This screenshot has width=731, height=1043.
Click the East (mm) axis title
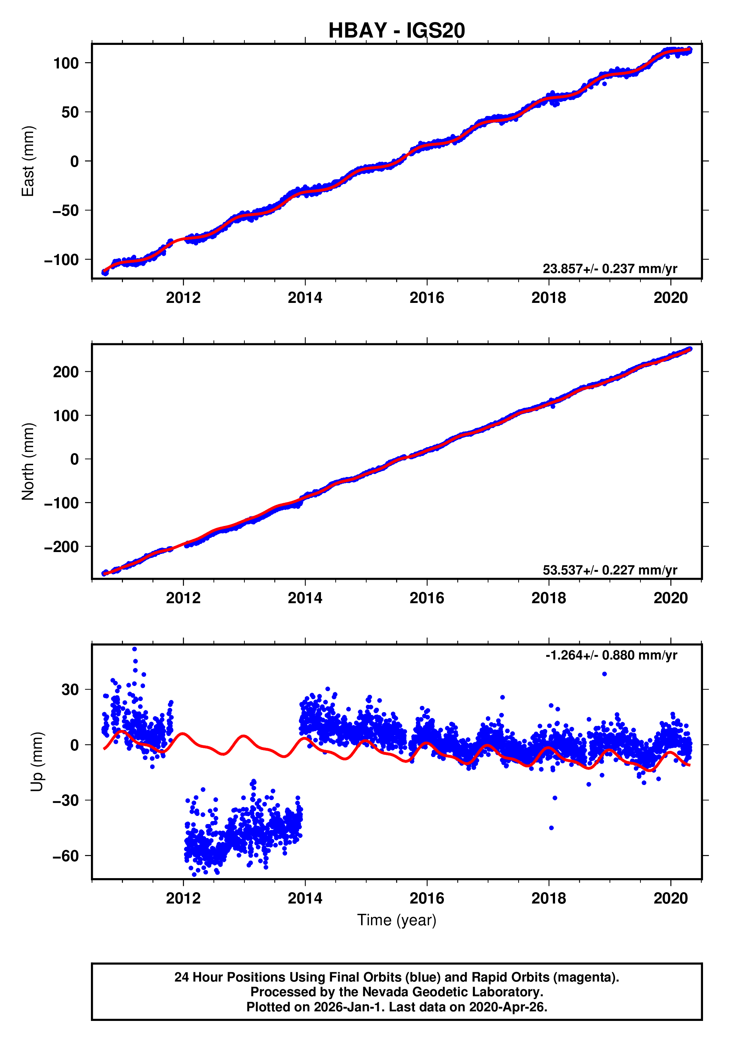(x=28, y=161)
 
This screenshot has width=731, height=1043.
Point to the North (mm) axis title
(x=28, y=462)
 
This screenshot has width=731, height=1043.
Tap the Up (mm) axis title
(x=37, y=762)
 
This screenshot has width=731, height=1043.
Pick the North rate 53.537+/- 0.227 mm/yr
(x=609, y=570)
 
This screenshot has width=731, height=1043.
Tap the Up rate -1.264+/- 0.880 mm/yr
(x=611, y=655)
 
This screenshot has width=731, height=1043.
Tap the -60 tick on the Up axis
(x=66, y=856)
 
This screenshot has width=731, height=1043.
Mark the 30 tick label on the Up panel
(x=70, y=690)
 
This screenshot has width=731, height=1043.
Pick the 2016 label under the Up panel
(x=427, y=898)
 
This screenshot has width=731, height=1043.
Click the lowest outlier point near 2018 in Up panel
(x=551, y=828)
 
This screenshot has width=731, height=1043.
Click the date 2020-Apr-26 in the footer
(x=508, y=1007)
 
